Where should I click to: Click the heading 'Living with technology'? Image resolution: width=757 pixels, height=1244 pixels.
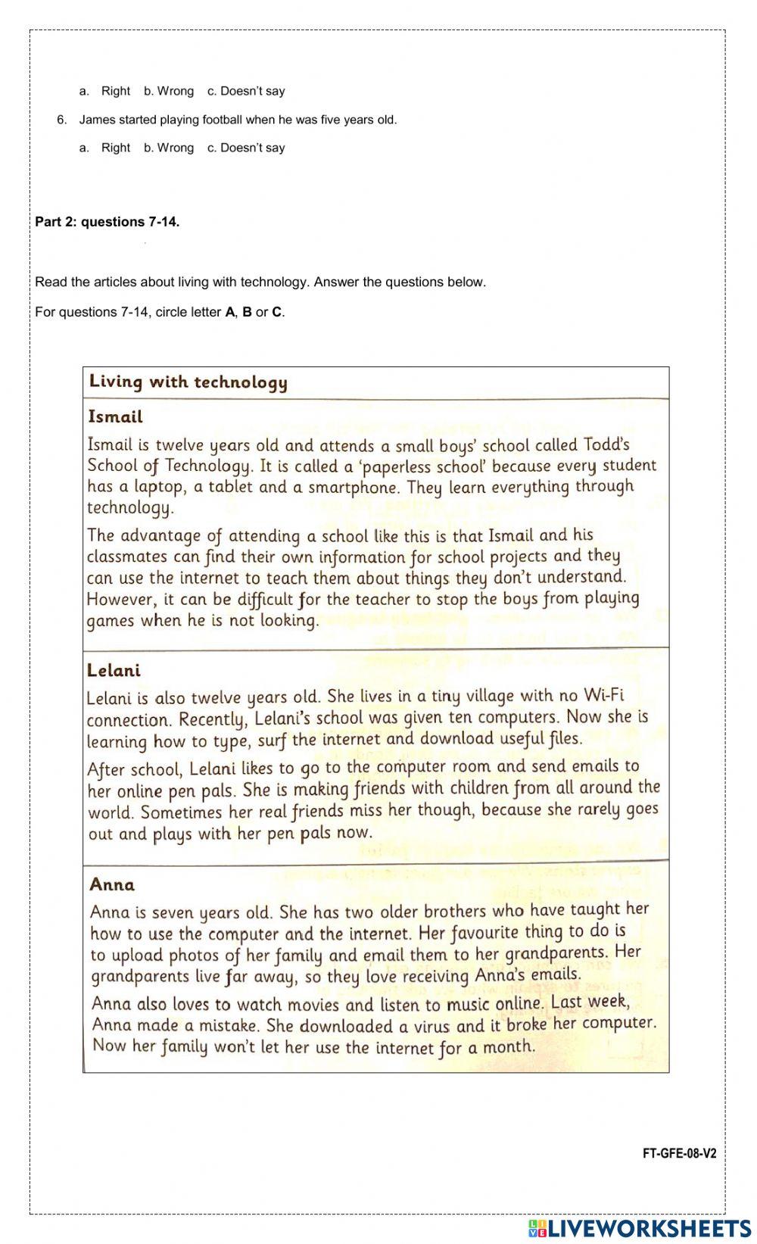tap(188, 382)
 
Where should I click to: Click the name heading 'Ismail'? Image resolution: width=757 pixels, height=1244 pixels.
tap(115, 417)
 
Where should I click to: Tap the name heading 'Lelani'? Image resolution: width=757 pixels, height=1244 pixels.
tap(114, 671)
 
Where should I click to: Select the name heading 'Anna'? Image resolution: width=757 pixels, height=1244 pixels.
tap(112, 885)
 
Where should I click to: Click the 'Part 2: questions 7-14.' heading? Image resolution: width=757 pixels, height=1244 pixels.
tap(107, 222)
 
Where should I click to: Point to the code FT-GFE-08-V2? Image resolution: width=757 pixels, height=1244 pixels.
tap(679, 1154)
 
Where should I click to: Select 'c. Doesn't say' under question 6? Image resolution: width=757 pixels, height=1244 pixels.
tap(246, 148)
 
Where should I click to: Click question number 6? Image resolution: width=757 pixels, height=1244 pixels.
tap(62, 120)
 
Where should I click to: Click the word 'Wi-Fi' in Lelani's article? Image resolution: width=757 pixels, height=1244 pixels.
tap(603, 696)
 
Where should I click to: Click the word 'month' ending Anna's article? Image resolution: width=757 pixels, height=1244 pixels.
tap(508, 1047)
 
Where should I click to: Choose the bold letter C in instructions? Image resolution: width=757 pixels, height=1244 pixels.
tap(276, 312)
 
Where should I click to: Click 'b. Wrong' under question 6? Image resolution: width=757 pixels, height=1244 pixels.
tap(169, 148)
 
